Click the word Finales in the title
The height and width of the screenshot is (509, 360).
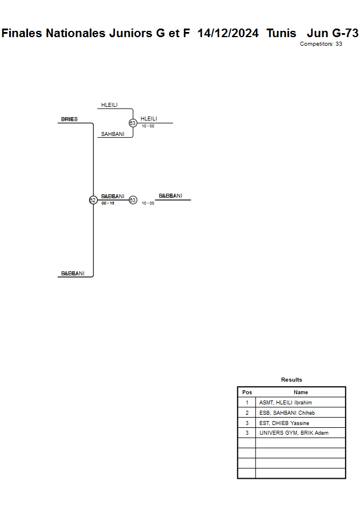[x=23, y=33]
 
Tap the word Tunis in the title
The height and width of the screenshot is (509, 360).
[x=281, y=33]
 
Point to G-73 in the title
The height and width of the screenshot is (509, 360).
[x=345, y=33]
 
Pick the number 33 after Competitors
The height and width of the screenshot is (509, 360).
[x=339, y=44]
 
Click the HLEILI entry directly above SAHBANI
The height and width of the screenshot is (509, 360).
[x=109, y=105]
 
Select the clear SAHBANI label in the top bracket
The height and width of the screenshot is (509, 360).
[x=112, y=134]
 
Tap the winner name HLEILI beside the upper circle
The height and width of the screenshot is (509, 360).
[x=149, y=119]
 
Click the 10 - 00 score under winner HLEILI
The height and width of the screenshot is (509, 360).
[x=148, y=126]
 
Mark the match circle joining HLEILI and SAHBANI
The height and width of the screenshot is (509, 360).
[x=133, y=123]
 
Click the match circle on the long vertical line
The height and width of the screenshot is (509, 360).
[x=93, y=200]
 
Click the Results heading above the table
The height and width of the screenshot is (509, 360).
[x=291, y=380]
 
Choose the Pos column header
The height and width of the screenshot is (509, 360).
[x=247, y=392]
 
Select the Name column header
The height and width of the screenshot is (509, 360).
[x=301, y=392]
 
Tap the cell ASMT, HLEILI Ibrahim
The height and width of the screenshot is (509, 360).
[x=285, y=403]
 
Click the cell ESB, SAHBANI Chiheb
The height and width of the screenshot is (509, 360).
[x=287, y=413]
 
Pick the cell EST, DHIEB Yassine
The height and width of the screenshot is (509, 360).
[x=284, y=423]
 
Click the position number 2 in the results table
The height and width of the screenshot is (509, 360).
[x=247, y=413]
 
